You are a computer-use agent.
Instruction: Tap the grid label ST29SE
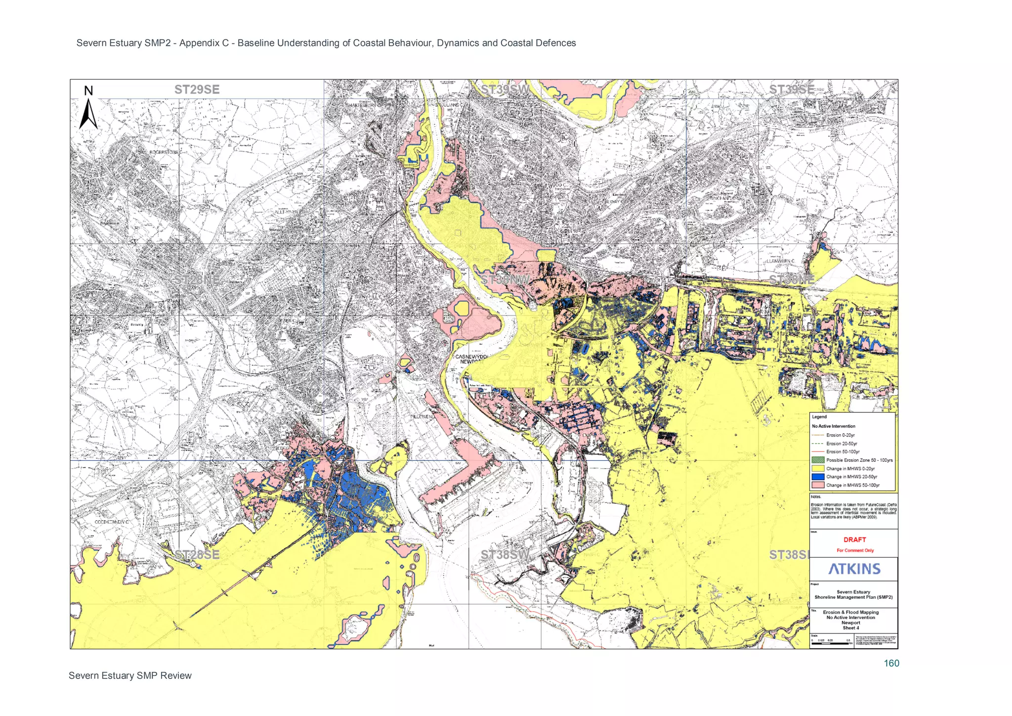click(x=197, y=89)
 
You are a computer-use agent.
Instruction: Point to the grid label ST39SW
click(x=505, y=89)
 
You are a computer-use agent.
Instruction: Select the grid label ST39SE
click(x=791, y=89)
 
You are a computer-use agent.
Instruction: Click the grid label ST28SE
click(x=197, y=554)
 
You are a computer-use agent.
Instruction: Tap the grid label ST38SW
click(x=505, y=554)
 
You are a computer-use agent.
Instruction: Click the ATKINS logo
click(x=854, y=569)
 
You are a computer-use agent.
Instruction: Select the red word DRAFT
click(x=854, y=539)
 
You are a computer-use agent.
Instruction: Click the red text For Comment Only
click(x=855, y=550)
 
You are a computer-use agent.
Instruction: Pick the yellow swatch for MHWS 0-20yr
click(x=818, y=468)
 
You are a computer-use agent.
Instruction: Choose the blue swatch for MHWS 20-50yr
click(x=818, y=477)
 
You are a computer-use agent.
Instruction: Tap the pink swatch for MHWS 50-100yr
click(x=818, y=485)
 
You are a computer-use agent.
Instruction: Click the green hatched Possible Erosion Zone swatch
click(x=818, y=460)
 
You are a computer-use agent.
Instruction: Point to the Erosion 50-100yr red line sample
click(x=818, y=451)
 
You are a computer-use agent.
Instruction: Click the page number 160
click(x=891, y=663)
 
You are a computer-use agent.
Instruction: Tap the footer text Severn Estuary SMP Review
click(x=130, y=675)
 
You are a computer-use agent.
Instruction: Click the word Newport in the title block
click(x=850, y=623)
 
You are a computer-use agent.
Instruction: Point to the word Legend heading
click(x=819, y=417)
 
